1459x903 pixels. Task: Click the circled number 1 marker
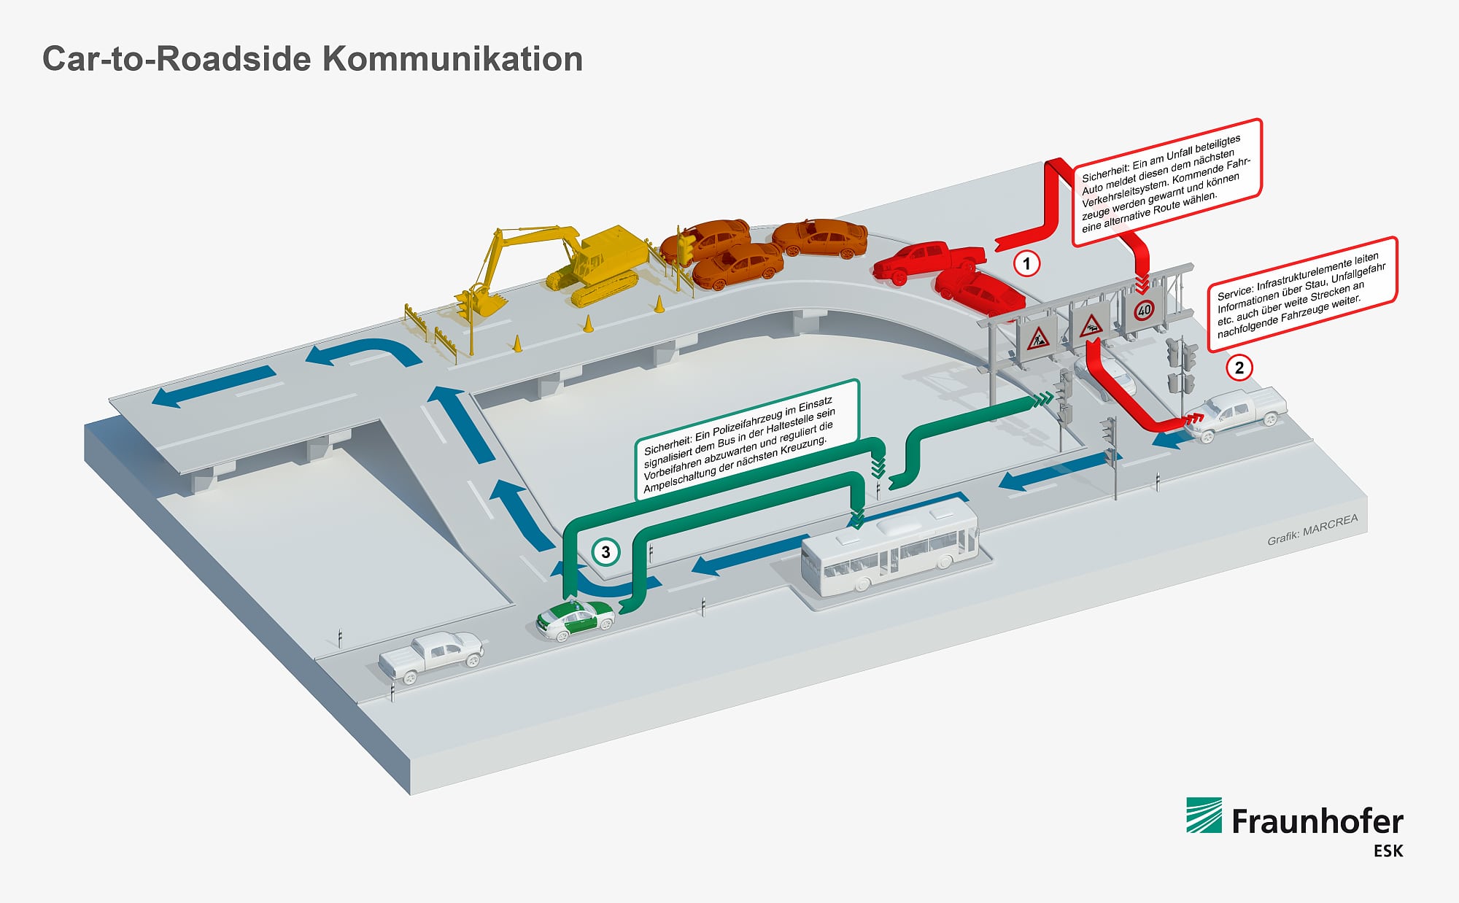pyautogui.click(x=1027, y=263)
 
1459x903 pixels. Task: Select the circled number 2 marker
pyautogui.click(x=1239, y=368)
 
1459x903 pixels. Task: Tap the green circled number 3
pyautogui.click(x=605, y=552)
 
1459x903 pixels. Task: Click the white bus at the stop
pyautogui.click(x=889, y=552)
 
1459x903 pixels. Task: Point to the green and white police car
pyautogui.click(x=575, y=621)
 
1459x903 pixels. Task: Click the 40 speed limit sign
pyautogui.click(x=1144, y=310)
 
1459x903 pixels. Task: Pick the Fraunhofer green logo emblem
pyautogui.click(x=1204, y=815)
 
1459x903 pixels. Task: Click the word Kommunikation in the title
pyautogui.click(x=452, y=59)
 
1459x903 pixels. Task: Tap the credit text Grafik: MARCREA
pyautogui.click(x=1312, y=530)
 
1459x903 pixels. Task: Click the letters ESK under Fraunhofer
pyautogui.click(x=1388, y=851)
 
